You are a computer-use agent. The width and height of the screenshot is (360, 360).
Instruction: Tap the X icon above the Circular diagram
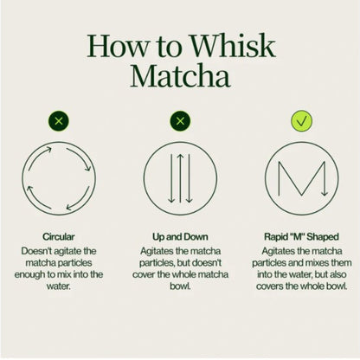click(59, 120)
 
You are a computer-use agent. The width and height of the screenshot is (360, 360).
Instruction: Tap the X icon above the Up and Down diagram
click(180, 120)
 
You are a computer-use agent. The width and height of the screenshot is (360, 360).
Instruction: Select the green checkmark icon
click(300, 120)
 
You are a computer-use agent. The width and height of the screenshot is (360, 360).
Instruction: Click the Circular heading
click(59, 234)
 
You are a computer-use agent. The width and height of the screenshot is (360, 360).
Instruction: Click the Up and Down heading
click(180, 234)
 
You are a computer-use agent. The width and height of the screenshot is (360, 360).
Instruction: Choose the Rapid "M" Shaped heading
click(300, 234)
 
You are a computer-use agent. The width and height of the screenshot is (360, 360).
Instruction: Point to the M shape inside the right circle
click(300, 177)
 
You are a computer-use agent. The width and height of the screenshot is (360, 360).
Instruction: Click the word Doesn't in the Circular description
click(41, 248)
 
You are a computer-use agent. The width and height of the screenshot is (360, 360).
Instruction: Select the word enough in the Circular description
click(32, 274)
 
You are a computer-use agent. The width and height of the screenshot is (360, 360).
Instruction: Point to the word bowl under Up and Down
click(180, 287)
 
